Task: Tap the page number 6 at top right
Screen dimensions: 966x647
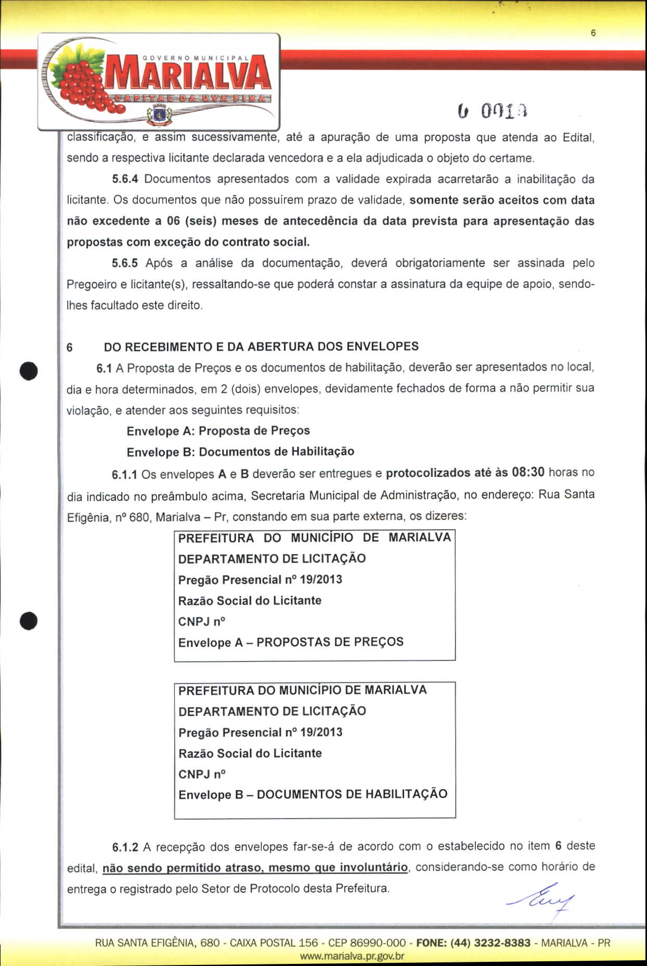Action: pyautogui.click(x=593, y=33)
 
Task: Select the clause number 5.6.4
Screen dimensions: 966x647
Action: pyautogui.click(x=125, y=179)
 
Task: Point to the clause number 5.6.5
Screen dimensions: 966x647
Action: pyautogui.click(x=125, y=263)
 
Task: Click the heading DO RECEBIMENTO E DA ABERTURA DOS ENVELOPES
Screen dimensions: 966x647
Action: pyautogui.click(x=261, y=347)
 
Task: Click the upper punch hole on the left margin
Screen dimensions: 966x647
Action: pyautogui.click(x=29, y=370)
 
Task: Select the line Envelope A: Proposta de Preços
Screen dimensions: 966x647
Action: pyautogui.click(x=218, y=431)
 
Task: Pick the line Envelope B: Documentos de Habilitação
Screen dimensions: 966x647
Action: pyautogui.click(x=240, y=452)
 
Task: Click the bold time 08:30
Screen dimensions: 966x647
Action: pyautogui.click(x=528, y=473)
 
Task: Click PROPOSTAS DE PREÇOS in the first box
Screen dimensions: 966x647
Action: pyautogui.click(x=330, y=642)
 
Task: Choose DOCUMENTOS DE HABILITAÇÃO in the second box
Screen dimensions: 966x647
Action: pyautogui.click(x=352, y=794)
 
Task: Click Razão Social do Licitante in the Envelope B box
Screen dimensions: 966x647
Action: pyautogui.click(x=250, y=753)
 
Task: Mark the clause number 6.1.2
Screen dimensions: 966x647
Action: pyautogui.click(x=125, y=847)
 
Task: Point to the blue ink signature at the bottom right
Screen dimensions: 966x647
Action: pyautogui.click(x=541, y=898)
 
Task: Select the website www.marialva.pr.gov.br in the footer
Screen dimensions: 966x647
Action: pyautogui.click(x=352, y=956)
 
